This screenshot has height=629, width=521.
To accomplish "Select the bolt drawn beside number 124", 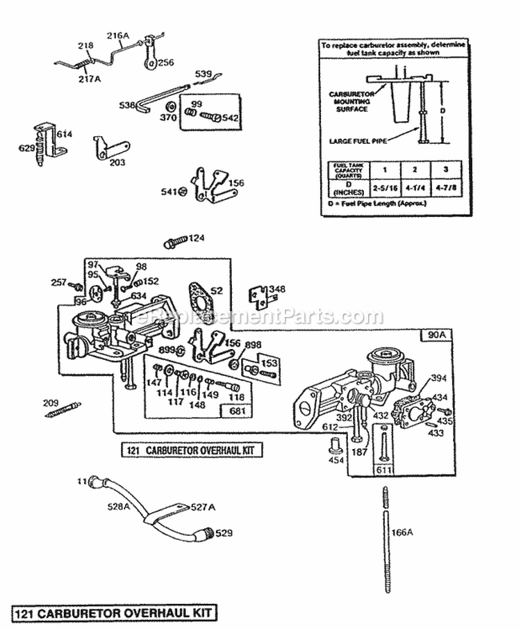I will coord(175,242).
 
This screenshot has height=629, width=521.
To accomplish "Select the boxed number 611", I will coord(383,471).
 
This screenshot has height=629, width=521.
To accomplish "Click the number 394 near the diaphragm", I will coord(438,378).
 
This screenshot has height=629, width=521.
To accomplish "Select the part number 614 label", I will coord(64,134).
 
